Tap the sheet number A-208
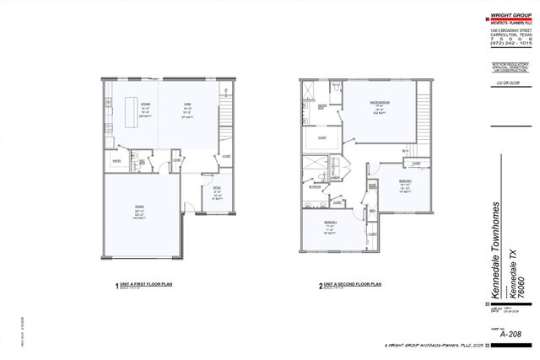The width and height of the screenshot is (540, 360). pos(509,335)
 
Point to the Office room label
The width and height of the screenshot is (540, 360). pos(216,192)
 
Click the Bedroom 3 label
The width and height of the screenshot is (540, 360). pos(329,225)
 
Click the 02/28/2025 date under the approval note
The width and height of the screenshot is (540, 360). pos(509,83)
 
